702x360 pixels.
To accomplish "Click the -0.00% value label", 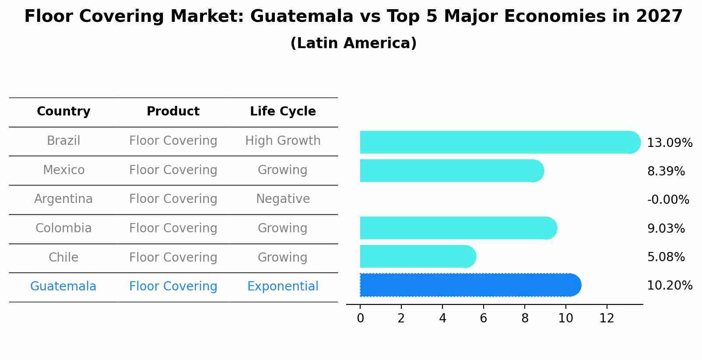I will [x=668, y=200].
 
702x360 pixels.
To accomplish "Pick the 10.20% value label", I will [x=670, y=286].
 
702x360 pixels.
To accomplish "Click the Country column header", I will [x=63, y=112].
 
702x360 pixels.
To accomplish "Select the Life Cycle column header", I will [x=283, y=112].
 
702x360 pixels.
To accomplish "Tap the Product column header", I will [x=173, y=112].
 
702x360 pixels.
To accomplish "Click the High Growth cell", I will [x=283, y=141].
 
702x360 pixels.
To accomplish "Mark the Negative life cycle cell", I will [x=283, y=199].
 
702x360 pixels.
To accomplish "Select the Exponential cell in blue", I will [x=283, y=287].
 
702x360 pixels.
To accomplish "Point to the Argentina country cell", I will [x=63, y=199].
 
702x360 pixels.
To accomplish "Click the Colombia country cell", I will [x=63, y=228].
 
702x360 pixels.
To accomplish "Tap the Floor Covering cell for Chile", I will [x=173, y=257].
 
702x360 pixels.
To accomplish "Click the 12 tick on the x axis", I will [x=607, y=318].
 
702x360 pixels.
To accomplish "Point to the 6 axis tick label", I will [x=483, y=318].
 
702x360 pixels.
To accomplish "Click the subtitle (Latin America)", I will [x=353, y=43].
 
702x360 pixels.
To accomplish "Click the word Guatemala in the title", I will [x=302, y=17].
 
